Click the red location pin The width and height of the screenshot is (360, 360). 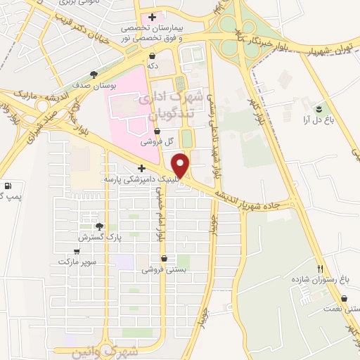point(181,165)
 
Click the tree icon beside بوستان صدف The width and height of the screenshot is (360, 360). point(94,74)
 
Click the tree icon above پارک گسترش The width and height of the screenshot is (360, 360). point(98,226)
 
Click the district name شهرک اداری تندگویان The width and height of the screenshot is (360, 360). point(175,103)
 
